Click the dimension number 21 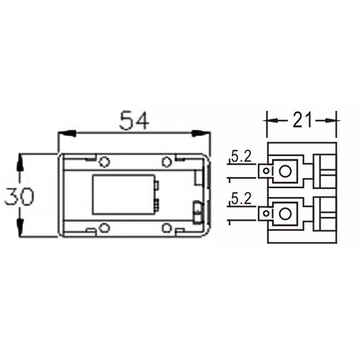coord(301,120)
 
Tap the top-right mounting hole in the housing coord(167,161)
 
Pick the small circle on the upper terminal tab coord(271,170)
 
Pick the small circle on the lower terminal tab coord(271,212)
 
